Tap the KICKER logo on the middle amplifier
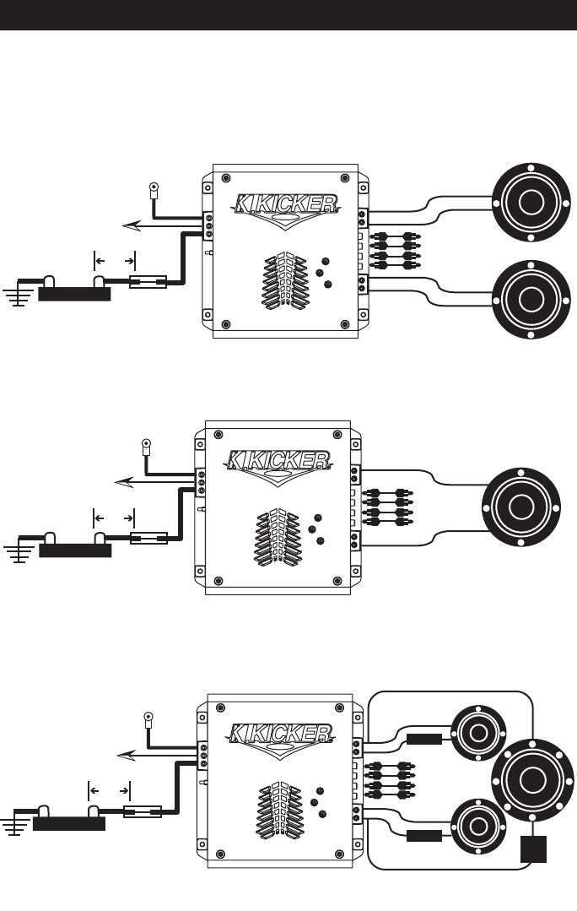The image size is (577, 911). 278,462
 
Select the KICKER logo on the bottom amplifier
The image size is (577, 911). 282,735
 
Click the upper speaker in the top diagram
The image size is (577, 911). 531,203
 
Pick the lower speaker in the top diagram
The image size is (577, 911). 531,300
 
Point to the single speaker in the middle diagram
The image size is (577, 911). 521,507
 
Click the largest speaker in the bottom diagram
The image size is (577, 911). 532,779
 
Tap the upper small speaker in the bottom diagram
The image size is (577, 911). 478,733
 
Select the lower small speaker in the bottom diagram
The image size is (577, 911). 478,827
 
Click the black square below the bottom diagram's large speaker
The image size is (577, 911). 533,849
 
